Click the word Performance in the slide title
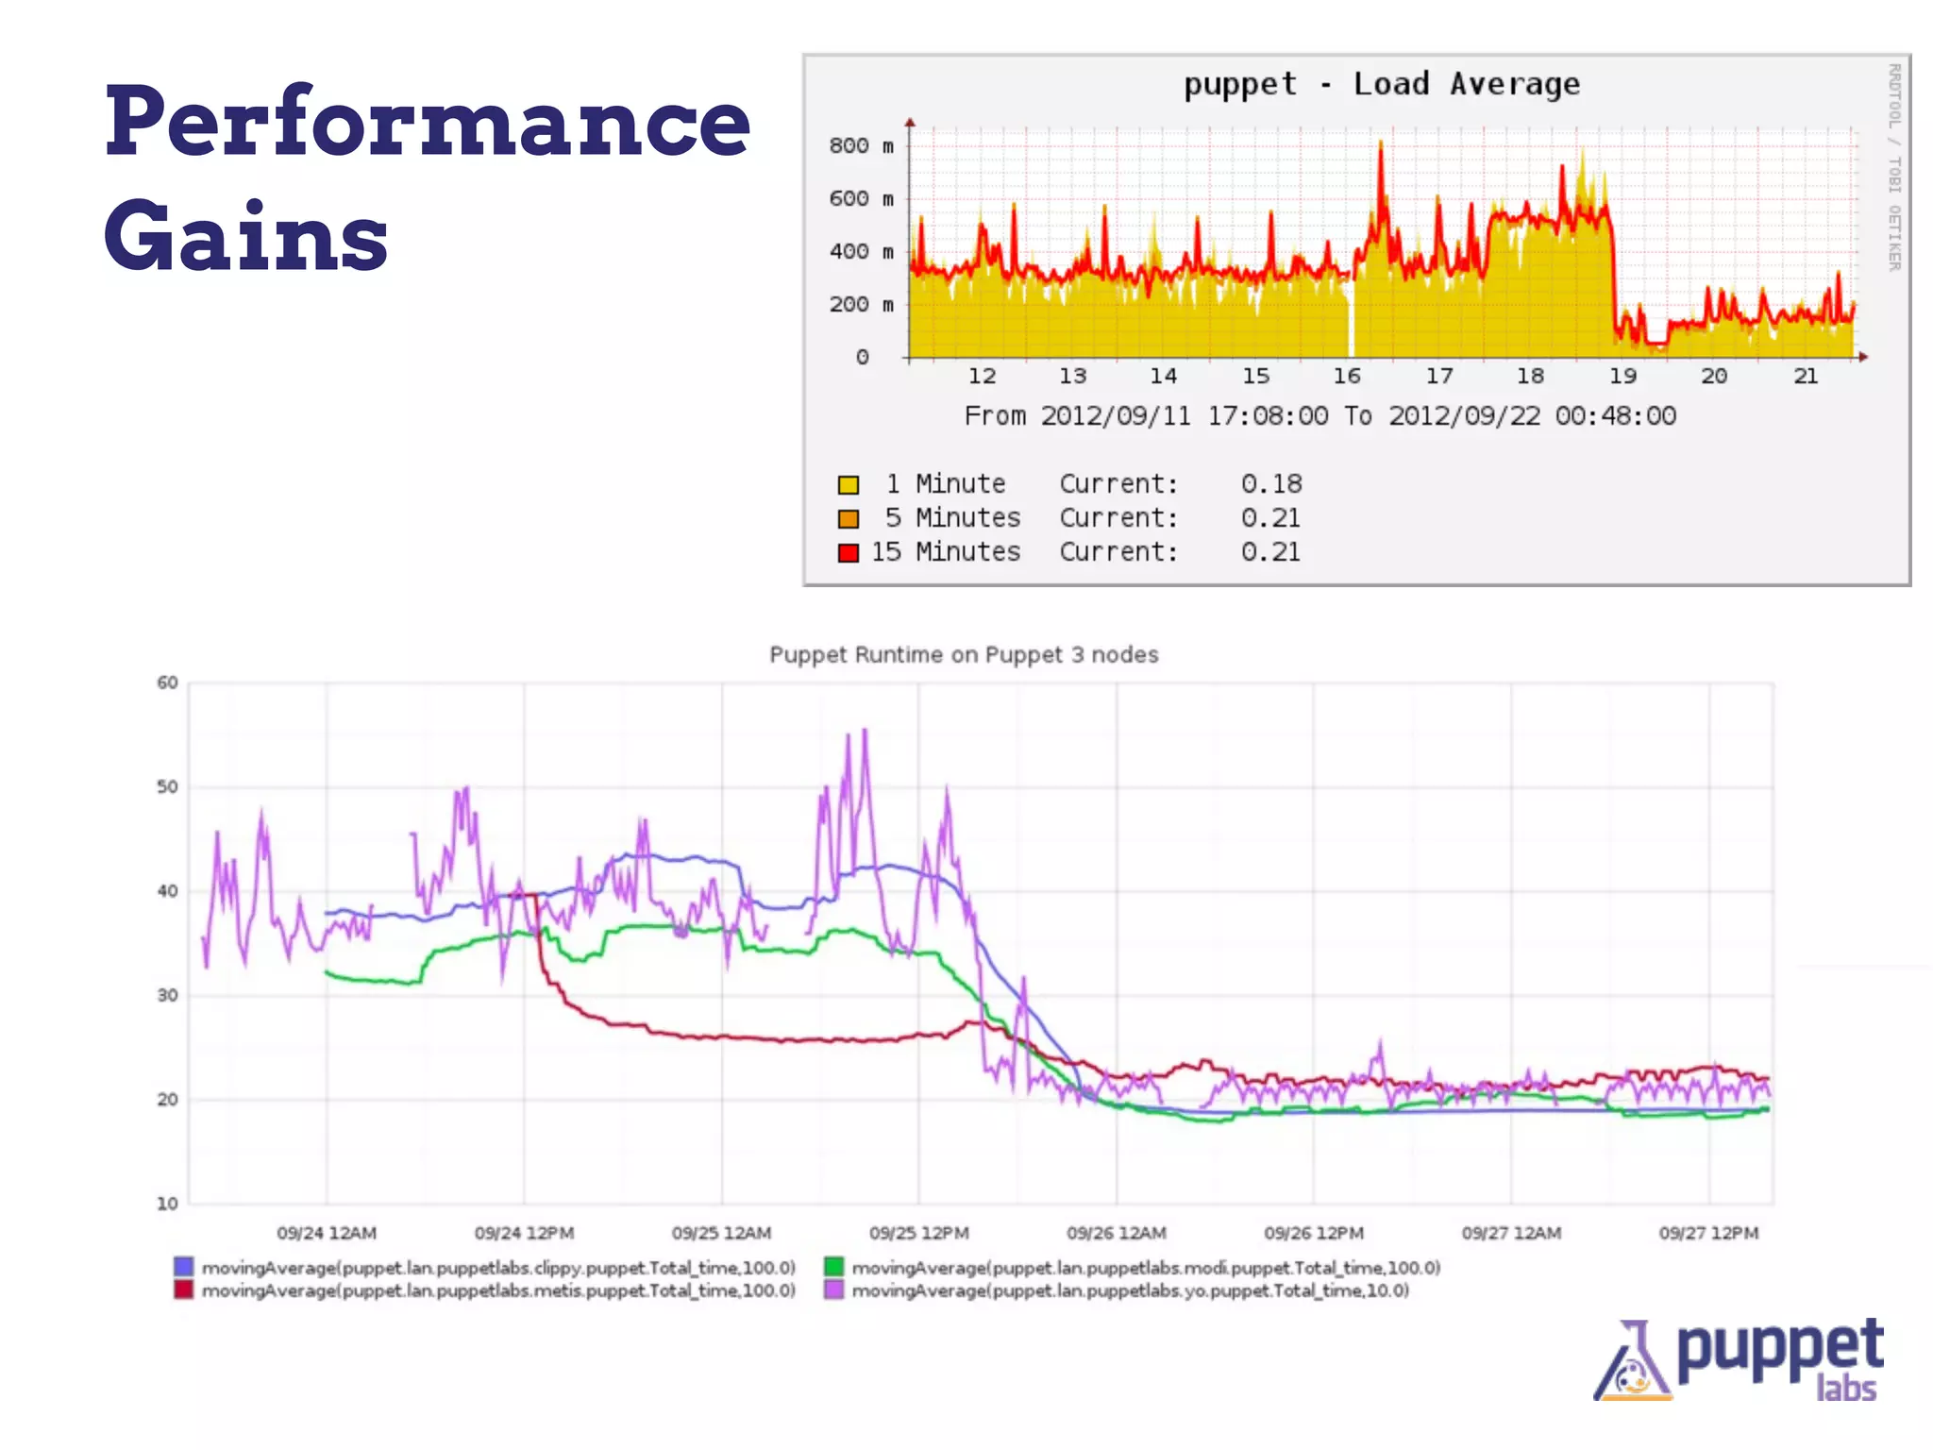pos(427,123)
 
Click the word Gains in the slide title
pos(245,236)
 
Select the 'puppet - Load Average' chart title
pos(1381,84)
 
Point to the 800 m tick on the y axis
pos(860,145)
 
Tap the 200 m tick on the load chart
pos(860,304)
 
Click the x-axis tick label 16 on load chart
pos(1346,376)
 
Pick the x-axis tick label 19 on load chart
pos(1622,376)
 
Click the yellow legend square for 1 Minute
pos(848,484)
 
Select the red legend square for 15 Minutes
pos(848,552)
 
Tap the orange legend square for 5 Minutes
pos(848,518)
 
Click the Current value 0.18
pos(1270,484)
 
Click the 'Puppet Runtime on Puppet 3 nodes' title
pos(963,654)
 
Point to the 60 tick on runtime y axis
pos(167,683)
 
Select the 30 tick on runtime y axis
pos(167,995)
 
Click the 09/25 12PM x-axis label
pos(918,1233)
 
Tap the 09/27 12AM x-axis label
pos(1510,1233)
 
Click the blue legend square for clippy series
pos(184,1267)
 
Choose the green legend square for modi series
pos(833,1267)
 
